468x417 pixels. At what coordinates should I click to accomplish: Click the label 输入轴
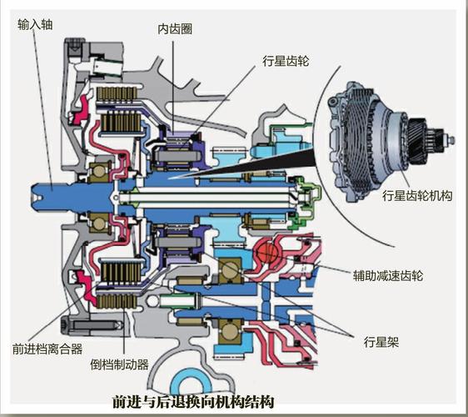pos(35,24)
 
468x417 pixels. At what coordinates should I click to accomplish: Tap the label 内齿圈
pos(175,29)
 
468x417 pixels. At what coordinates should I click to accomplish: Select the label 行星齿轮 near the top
pos(286,61)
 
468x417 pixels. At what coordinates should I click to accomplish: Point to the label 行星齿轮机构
pos(417,196)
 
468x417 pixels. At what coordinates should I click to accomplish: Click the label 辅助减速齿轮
pos(388,275)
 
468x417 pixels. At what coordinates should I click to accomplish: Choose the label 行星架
pos(381,342)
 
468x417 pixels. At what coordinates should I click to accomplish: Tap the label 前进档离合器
pos(47,349)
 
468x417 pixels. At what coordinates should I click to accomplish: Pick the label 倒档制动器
pos(119,364)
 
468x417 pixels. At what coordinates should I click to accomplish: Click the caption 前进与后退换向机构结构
pos(193,402)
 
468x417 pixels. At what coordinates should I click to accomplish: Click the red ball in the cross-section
pos(267,252)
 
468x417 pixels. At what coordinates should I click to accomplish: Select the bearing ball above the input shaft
pos(100,171)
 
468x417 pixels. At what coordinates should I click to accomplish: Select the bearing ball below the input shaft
pos(100,223)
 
